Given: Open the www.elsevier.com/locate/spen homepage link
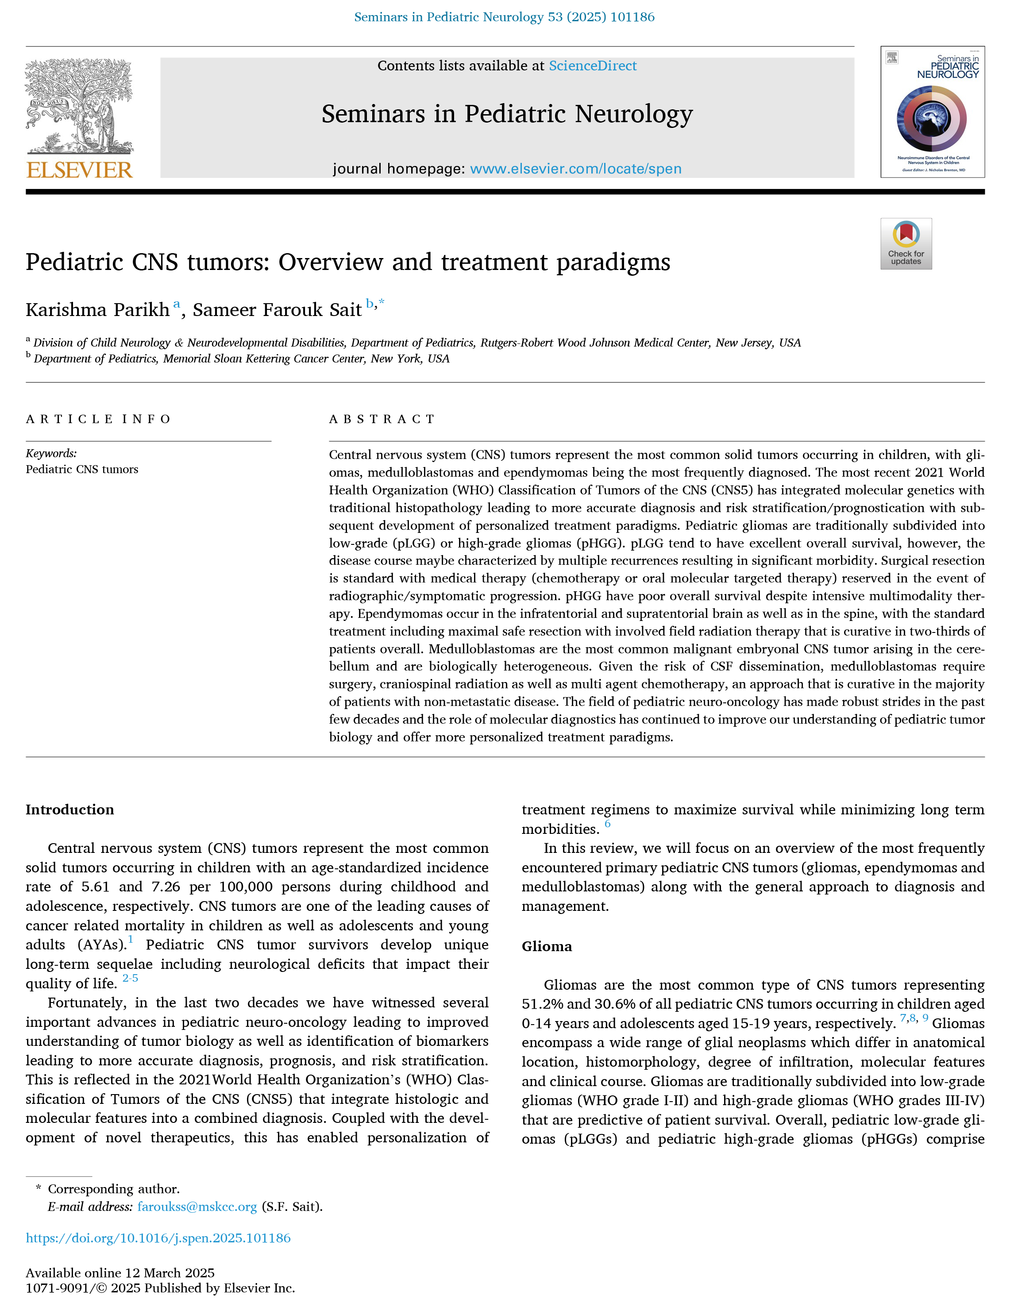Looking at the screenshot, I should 575,169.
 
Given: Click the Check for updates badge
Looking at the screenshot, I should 906,243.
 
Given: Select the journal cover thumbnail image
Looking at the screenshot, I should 932,112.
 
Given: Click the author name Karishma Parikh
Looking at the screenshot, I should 97,310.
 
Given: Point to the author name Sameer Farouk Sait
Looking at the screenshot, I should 278,310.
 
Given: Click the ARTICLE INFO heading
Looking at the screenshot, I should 98,419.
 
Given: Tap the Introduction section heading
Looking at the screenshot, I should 70,810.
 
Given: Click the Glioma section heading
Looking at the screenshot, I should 546,946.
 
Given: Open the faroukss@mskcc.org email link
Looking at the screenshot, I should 197,1207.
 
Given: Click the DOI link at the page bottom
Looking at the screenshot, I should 158,1238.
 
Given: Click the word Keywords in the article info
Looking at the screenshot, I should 51,453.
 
